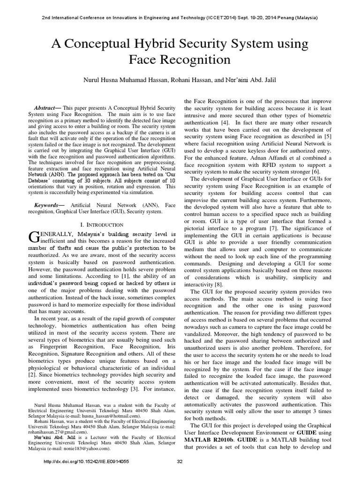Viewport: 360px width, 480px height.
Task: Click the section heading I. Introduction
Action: pos(107,225)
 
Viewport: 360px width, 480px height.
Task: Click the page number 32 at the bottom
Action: pos(180,474)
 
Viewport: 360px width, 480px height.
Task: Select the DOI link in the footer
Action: pos(86,474)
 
